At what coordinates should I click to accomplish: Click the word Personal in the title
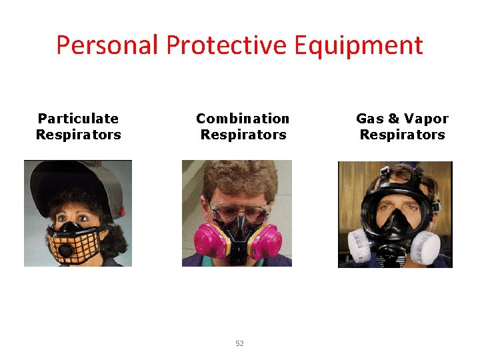(x=107, y=45)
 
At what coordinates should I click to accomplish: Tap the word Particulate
(x=78, y=119)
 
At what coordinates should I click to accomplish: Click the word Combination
(x=243, y=119)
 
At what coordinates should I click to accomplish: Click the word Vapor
(x=427, y=119)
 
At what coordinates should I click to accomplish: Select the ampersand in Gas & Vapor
(x=393, y=119)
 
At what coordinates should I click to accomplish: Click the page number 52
(x=240, y=343)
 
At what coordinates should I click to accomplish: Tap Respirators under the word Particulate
(x=78, y=135)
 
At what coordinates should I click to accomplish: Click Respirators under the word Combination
(x=243, y=135)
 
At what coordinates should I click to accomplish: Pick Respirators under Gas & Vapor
(x=402, y=135)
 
